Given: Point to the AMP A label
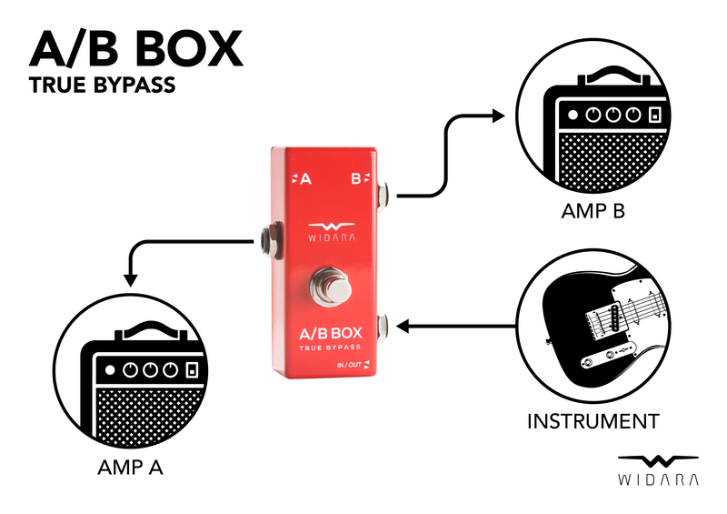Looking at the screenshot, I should (x=130, y=469).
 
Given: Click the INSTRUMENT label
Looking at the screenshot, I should (x=593, y=421).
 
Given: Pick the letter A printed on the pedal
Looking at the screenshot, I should (x=305, y=179).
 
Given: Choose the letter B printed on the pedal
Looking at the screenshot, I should (x=356, y=179).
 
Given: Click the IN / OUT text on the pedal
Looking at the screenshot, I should (x=348, y=366).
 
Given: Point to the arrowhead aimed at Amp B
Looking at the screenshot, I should (x=497, y=116).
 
